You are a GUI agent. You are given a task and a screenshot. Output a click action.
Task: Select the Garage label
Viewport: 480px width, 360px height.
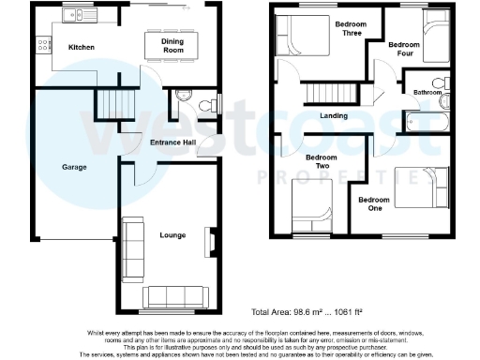74,166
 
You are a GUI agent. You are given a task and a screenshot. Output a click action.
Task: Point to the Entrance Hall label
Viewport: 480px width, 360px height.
173,142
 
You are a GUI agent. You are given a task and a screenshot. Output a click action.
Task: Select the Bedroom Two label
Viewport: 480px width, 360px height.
322,161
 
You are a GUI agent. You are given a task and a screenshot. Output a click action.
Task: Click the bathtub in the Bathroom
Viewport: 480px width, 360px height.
427,119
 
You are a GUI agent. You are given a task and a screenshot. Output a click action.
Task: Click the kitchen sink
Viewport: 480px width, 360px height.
76,15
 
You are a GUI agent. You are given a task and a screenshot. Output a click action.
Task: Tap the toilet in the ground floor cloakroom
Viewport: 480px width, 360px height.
182,97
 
